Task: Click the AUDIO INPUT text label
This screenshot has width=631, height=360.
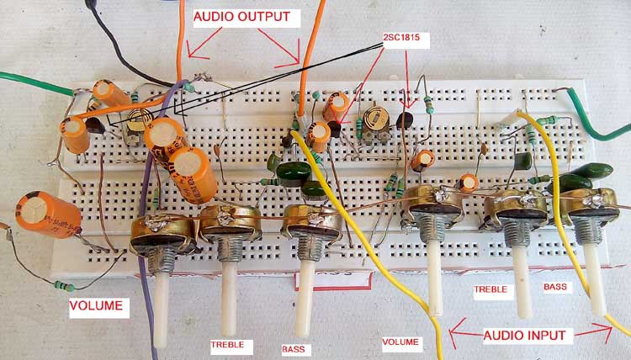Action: point(528,335)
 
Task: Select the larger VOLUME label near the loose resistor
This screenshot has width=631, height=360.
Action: point(97,306)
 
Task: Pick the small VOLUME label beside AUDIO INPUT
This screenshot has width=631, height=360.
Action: point(400,343)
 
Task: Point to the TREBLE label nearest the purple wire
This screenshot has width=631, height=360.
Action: point(228,343)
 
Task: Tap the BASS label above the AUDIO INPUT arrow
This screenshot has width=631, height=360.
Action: point(555,287)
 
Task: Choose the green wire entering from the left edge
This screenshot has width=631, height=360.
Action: point(34,82)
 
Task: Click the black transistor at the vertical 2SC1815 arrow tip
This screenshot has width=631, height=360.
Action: point(406,120)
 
